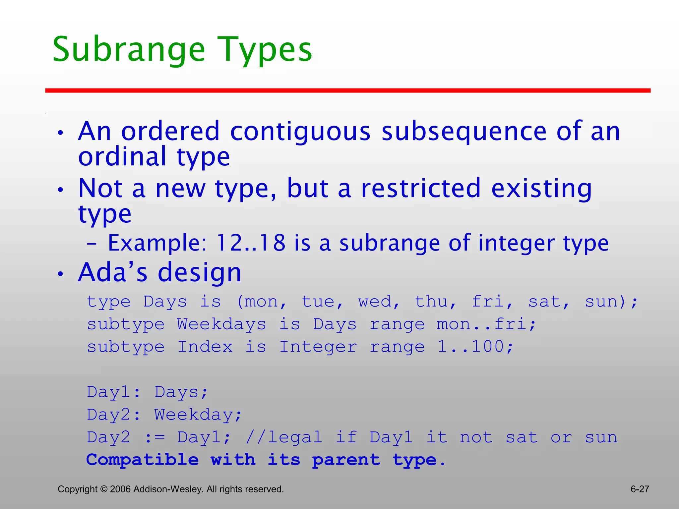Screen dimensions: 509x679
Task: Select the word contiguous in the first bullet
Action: [300, 132]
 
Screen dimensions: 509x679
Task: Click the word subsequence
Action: [463, 132]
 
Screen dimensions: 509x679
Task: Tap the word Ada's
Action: [113, 272]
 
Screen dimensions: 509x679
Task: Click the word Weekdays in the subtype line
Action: [221, 324]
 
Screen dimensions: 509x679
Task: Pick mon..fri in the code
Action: [486, 324]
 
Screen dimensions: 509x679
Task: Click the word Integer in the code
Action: [318, 347]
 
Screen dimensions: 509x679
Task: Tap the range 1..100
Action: [475, 347]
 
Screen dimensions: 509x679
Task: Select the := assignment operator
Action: [155, 437]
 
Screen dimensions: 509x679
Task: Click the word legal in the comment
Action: [295, 437]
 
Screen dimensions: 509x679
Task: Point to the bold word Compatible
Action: [143, 460]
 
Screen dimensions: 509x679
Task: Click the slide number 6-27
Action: [640, 489]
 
